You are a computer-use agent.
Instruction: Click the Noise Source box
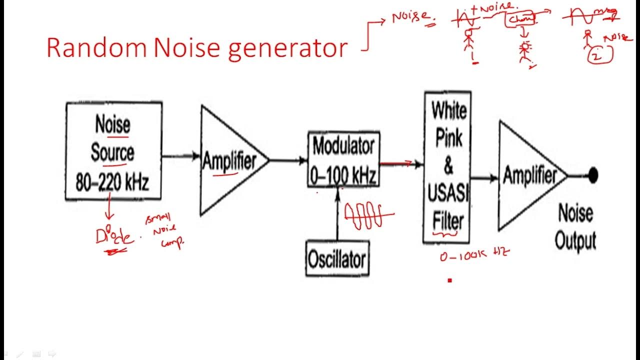click(113, 151)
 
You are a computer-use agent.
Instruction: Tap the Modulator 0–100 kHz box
click(343, 159)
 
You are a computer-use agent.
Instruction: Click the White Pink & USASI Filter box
click(447, 166)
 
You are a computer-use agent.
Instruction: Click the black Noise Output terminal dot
click(593, 175)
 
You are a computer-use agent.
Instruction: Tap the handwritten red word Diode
click(114, 236)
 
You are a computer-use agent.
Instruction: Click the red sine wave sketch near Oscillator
click(367, 216)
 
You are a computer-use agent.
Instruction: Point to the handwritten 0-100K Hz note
click(474, 255)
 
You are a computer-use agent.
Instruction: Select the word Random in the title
click(96, 48)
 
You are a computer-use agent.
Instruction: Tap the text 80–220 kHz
click(112, 183)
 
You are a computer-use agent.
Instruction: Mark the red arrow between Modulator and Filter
click(396, 163)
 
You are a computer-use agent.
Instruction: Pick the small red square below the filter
click(449, 280)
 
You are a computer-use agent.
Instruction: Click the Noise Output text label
click(575, 227)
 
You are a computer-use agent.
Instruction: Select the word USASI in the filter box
click(447, 193)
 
